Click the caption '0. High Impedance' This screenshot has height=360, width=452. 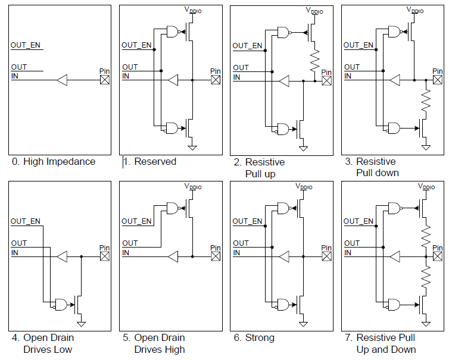[x=53, y=162]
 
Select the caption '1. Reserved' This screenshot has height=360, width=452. [x=149, y=162]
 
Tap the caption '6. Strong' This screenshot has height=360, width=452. [x=254, y=338]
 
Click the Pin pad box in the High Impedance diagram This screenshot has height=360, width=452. [x=105, y=80]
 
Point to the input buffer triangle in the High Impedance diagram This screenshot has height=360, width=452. [x=63, y=80]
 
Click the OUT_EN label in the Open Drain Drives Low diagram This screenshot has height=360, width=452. [x=26, y=221]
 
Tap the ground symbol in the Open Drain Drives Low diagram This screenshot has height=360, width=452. [x=81, y=324]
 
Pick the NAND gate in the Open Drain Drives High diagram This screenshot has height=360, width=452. [x=173, y=208]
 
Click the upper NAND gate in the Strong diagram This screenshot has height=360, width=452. [x=284, y=208]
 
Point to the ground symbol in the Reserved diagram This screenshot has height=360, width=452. [x=192, y=147]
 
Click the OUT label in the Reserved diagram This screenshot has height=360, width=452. [x=130, y=67]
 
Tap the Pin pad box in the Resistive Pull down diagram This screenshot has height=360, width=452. [x=438, y=80]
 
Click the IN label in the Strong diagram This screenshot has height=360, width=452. [x=236, y=252]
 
